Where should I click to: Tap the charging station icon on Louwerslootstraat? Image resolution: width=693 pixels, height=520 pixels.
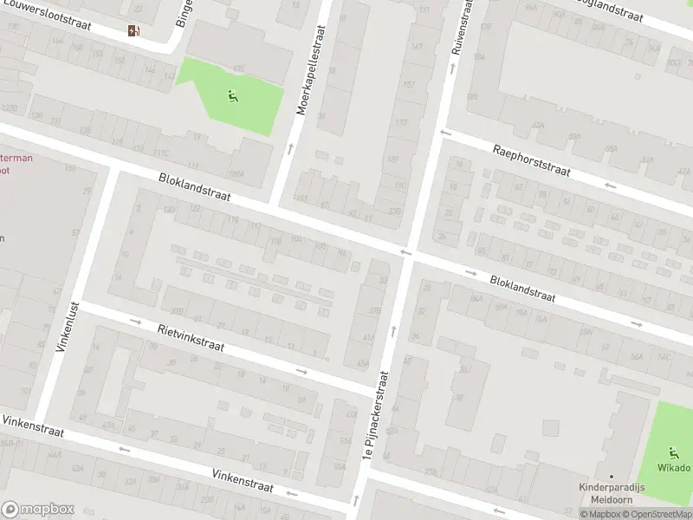(x=133, y=31)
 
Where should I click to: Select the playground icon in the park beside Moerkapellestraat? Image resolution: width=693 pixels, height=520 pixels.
(x=231, y=96)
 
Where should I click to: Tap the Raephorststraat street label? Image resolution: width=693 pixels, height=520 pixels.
(x=532, y=159)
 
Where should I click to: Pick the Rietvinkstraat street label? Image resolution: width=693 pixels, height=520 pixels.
(x=191, y=337)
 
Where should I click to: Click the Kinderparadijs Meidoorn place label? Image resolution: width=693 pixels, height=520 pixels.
(x=611, y=491)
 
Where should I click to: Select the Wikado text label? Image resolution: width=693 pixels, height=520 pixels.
(x=673, y=468)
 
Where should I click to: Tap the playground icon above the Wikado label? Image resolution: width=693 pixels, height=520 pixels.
(x=673, y=451)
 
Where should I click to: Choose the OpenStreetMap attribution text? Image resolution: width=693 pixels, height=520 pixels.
(x=655, y=515)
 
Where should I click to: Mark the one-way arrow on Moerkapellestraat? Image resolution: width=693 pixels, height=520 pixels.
(x=289, y=149)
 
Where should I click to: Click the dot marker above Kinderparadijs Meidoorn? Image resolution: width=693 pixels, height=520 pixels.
(x=611, y=476)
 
